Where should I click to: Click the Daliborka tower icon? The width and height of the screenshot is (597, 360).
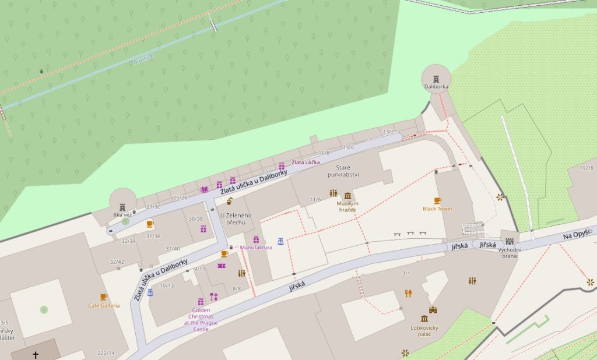[436, 79]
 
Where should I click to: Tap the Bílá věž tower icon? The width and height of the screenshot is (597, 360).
[122, 207]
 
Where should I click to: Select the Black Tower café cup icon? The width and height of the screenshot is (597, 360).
[437, 200]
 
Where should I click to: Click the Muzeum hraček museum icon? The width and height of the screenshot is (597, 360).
[348, 195]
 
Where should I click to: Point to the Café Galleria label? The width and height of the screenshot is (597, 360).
[104, 305]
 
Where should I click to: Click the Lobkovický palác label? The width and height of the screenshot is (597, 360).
[424, 331]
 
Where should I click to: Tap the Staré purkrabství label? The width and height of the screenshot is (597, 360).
[343, 171]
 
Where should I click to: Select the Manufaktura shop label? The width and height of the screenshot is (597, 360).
[256, 248]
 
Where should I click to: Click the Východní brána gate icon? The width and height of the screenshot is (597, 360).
[510, 241]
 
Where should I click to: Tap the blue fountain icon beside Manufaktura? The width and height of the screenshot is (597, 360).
[280, 241]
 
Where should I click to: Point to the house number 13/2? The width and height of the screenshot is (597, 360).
[389, 132]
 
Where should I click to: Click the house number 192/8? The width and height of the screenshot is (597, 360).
[586, 168]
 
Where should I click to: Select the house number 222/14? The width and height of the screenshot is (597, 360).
[106, 353]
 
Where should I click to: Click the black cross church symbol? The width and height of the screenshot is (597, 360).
[36, 354]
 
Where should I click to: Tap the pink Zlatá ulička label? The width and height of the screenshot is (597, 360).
[305, 162]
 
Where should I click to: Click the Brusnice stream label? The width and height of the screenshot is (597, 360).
[142, 59]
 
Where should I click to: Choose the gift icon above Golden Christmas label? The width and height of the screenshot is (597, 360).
[201, 302]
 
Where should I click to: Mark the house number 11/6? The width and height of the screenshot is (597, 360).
[315, 199]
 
